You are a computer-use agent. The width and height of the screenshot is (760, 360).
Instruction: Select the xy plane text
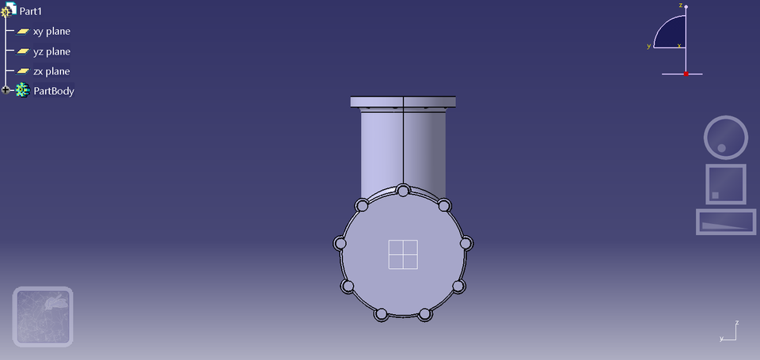tap(51, 32)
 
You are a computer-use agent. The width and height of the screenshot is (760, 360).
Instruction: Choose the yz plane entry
tap(51, 51)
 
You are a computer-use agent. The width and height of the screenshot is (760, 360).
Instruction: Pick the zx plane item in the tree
tap(51, 71)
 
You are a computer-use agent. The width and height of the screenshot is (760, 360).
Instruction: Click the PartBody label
tap(54, 91)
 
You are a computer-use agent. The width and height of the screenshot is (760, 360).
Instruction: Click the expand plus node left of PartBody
tap(6, 90)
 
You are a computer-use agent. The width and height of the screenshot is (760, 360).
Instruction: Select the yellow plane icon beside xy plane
tap(23, 32)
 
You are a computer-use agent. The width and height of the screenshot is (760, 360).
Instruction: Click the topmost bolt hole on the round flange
tap(403, 191)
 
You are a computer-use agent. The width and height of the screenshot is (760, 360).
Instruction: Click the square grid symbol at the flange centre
tap(403, 254)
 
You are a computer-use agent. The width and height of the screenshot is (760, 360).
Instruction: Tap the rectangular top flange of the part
tap(403, 102)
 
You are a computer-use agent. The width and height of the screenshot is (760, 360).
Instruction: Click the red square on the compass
tap(686, 74)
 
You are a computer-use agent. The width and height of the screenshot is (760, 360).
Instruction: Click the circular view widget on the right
tap(725, 137)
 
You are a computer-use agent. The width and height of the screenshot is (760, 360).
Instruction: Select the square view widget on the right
tap(725, 184)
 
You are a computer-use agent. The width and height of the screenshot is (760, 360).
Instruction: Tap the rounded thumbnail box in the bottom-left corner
tap(43, 316)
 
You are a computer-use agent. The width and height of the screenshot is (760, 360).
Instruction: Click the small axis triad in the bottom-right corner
tap(730, 332)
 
